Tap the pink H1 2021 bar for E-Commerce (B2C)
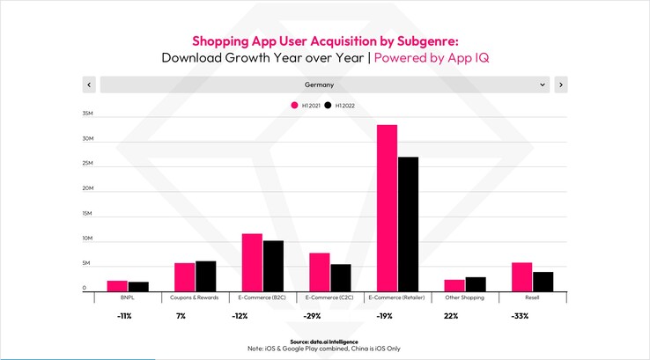pyautogui.click(x=252, y=261)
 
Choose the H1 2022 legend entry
pyautogui.click(x=340, y=106)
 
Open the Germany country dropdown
pyautogui.click(x=325, y=84)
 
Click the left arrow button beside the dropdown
pyautogui.click(x=88, y=84)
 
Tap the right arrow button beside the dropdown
pyautogui.click(x=561, y=84)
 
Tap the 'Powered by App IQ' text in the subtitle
pyautogui.click(x=432, y=57)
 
